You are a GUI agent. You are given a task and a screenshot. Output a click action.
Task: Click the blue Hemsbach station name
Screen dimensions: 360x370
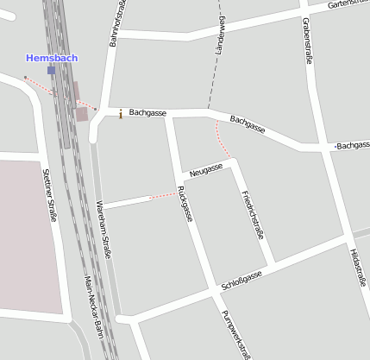coord(52,58)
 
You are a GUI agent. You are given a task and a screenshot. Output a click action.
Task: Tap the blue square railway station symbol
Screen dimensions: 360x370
coord(52,71)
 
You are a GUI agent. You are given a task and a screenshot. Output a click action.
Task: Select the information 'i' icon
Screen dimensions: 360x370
coord(120,114)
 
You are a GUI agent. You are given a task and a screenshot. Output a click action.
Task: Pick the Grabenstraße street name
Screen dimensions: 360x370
coord(308,41)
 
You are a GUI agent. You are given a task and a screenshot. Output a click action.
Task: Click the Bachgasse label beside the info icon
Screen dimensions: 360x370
coord(147,113)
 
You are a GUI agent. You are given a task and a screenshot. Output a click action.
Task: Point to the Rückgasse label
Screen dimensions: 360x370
coord(183,204)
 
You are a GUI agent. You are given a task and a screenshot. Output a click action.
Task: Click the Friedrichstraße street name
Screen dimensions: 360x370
coord(252,213)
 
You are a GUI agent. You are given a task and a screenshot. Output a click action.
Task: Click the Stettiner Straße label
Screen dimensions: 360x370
coord(48,195)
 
